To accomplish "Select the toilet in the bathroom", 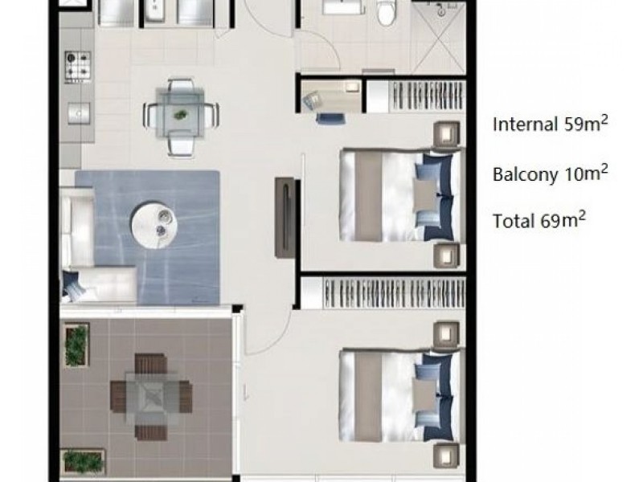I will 387,12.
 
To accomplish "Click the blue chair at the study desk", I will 328,118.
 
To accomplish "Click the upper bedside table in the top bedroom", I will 446,133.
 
